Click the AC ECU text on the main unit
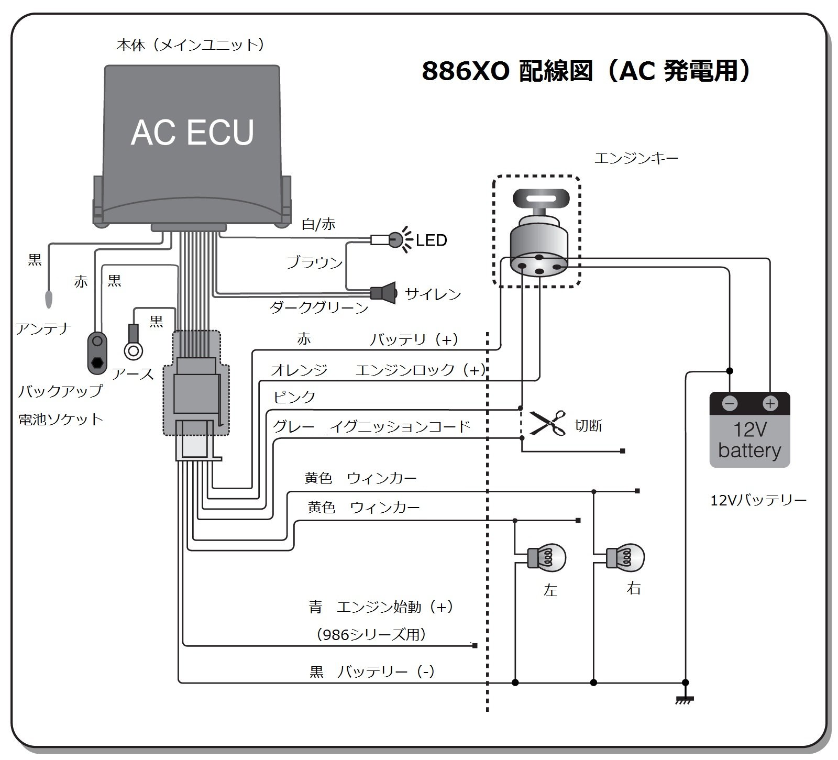[192, 132]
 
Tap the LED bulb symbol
[395, 240]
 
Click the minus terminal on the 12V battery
[730, 404]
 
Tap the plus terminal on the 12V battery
[770, 404]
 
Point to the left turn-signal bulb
[547, 557]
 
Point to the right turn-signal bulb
[626, 556]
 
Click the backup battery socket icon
[97, 353]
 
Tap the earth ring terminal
[133, 350]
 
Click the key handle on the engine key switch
[540, 199]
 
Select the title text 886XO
[465, 72]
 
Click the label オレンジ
[299, 370]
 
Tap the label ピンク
[294, 396]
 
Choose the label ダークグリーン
[319, 307]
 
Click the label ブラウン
[314, 262]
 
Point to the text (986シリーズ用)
[371, 635]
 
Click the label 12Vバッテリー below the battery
[758, 500]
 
